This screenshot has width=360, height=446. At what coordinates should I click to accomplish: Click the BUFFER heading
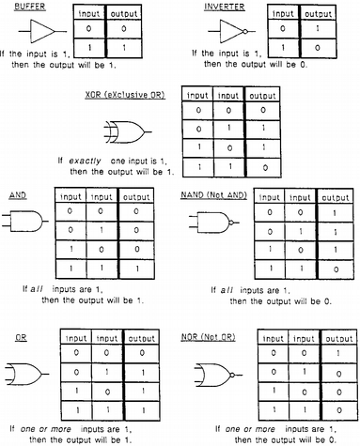[x=30, y=7]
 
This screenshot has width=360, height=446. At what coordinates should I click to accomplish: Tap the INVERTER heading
[x=224, y=7]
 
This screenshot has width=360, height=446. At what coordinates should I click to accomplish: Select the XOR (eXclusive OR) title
[x=125, y=95]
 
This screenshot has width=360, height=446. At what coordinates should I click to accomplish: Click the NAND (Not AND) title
[x=214, y=195]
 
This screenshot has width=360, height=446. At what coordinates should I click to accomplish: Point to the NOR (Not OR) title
[x=208, y=337]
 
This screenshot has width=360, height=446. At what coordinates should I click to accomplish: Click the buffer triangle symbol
[x=42, y=31]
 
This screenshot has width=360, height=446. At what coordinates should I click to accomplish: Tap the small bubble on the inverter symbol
[x=245, y=31]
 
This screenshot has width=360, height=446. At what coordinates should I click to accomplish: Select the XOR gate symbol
[x=128, y=131]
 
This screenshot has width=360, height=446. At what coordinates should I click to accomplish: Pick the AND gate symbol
[x=25, y=222]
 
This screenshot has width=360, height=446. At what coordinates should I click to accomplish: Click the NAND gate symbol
[x=214, y=223]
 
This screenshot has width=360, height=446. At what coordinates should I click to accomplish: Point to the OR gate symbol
[x=26, y=374]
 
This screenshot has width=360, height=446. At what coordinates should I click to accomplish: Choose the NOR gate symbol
[x=218, y=375]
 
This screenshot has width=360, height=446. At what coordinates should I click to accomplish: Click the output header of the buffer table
[x=124, y=14]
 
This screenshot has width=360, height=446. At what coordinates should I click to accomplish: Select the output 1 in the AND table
[x=137, y=269]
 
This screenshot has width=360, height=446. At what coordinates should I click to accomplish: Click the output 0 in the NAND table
[x=336, y=269]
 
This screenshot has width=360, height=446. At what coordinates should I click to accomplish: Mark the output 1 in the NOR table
[x=337, y=353]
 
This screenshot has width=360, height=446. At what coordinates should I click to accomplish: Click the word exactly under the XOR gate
[x=85, y=161]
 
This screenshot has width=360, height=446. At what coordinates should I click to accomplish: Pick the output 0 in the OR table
[x=142, y=353]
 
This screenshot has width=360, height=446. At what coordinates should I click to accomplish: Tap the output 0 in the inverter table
[x=318, y=48]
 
